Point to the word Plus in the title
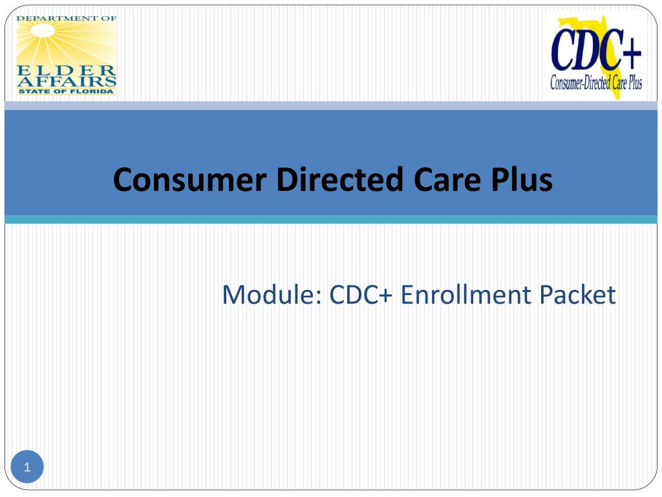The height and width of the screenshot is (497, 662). pos(520,180)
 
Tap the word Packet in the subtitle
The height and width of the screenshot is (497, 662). pos(578,295)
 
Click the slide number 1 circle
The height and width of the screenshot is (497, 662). pos(27,467)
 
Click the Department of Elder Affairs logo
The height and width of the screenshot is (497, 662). pos(67,55)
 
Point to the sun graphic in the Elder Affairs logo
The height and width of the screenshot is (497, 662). pos(67,43)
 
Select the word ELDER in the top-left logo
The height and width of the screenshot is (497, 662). pos(67,70)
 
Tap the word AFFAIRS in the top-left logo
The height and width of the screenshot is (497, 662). pos(67,81)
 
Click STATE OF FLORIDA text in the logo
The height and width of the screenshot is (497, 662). pos(67,91)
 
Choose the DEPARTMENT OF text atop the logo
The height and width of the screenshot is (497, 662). pos(67,18)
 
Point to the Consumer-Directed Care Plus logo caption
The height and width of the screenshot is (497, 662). pos(595,83)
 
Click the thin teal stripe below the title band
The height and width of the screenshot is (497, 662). pos(331,220)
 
